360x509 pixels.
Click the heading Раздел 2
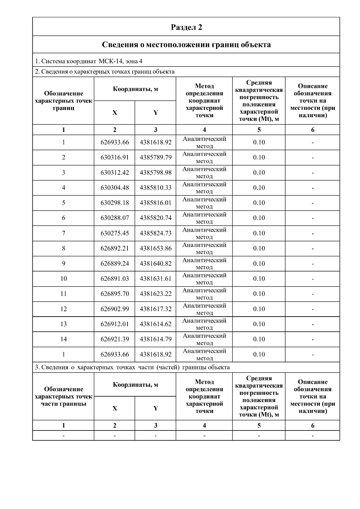(186, 27)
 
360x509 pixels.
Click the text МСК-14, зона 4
(121, 61)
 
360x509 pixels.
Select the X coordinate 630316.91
(115, 157)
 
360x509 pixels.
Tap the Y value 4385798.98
(155, 173)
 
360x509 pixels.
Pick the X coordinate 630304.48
(115, 188)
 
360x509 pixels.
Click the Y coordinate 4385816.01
(155, 203)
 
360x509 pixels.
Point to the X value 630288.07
(115, 218)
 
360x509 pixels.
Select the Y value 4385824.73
(155, 233)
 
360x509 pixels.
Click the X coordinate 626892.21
(115, 248)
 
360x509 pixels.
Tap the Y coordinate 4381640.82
(155, 263)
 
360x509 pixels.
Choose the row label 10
(64, 279)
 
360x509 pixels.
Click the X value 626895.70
(115, 294)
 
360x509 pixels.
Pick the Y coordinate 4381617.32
(155, 309)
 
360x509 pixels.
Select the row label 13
(64, 324)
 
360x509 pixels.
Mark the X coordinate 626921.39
(115, 339)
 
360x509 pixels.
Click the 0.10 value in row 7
(259, 233)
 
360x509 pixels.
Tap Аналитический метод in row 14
(204, 339)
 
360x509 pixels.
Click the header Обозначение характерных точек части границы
(64, 396)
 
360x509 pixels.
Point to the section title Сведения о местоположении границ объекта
(186, 45)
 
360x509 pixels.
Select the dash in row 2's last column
(313, 158)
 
